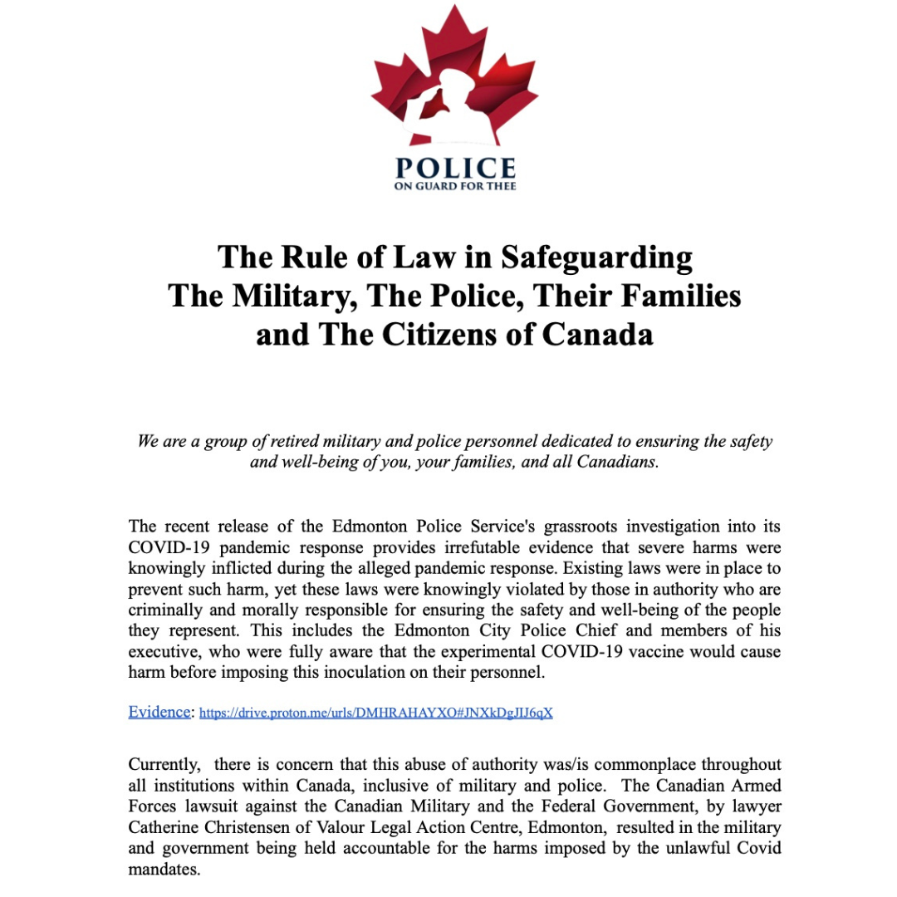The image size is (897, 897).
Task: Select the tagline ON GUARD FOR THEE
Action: coord(454,186)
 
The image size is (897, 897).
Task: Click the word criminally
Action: coord(166,610)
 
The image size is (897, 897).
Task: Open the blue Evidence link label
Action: coord(159,712)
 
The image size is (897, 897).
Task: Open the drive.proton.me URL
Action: coord(376,713)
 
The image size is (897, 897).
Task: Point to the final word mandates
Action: coord(164,868)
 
